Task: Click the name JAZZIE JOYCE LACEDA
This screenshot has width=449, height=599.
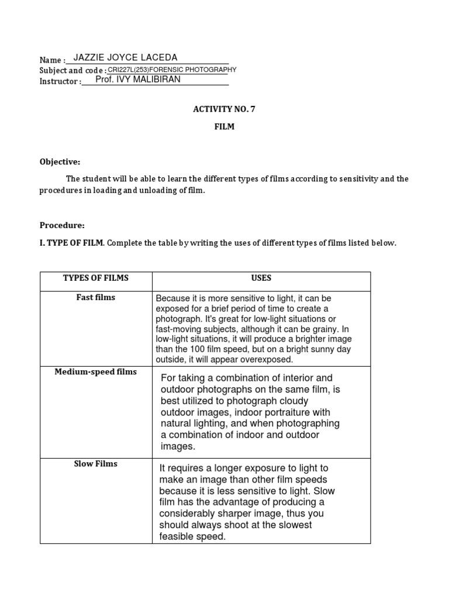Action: pyautogui.click(x=125, y=57)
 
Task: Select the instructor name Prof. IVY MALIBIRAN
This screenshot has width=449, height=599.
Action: pyautogui.click(x=138, y=80)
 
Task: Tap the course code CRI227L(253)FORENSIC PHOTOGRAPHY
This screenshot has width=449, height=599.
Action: pyautogui.click(x=172, y=70)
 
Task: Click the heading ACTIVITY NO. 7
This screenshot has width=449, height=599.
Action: pyautogui.click(x=224, y=109)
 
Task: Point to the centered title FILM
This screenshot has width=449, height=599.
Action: pyautogui.click(x=224, y=126)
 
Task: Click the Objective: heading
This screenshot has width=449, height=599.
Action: pyautogui.click(x=60, y=161)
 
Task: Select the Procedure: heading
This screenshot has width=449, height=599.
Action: pyautogui.click(x=63, y=225)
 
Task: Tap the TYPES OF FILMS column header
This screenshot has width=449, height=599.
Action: pyautogui.click(x=96, y=278)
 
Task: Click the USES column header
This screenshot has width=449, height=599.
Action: pyautogui.click(x=261, y=278)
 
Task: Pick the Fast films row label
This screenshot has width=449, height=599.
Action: pyautogui.click(x=96, y=297)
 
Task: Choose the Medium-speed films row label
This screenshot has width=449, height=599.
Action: pyautogui.click(x=96, y=371)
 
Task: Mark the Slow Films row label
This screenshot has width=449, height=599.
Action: pyautogui.click(x=96, y=464)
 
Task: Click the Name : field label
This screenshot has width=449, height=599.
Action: pyautogui.click(x=52, y=60)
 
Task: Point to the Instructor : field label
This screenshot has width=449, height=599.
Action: pyautogui.click(x=60, y=81)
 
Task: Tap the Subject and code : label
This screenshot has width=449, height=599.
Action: pyautogui.click(x=73, y=71)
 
